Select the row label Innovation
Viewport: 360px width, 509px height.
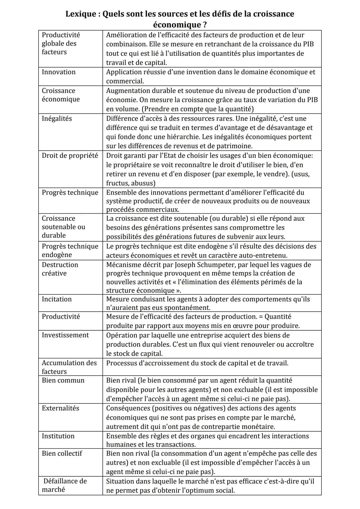59,72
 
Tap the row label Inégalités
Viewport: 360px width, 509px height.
57,119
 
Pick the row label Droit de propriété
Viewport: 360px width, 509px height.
70,155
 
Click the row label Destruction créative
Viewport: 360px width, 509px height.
60,269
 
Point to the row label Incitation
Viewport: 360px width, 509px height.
57,299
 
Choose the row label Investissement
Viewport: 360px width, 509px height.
65,335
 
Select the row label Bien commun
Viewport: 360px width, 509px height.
63,380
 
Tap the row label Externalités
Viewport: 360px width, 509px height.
60,408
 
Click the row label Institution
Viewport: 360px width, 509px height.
58,436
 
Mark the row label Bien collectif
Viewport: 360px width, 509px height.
62,453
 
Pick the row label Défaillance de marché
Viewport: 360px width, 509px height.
64,485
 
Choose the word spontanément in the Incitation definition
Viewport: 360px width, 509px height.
189,308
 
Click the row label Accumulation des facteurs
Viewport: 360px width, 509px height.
69,367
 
